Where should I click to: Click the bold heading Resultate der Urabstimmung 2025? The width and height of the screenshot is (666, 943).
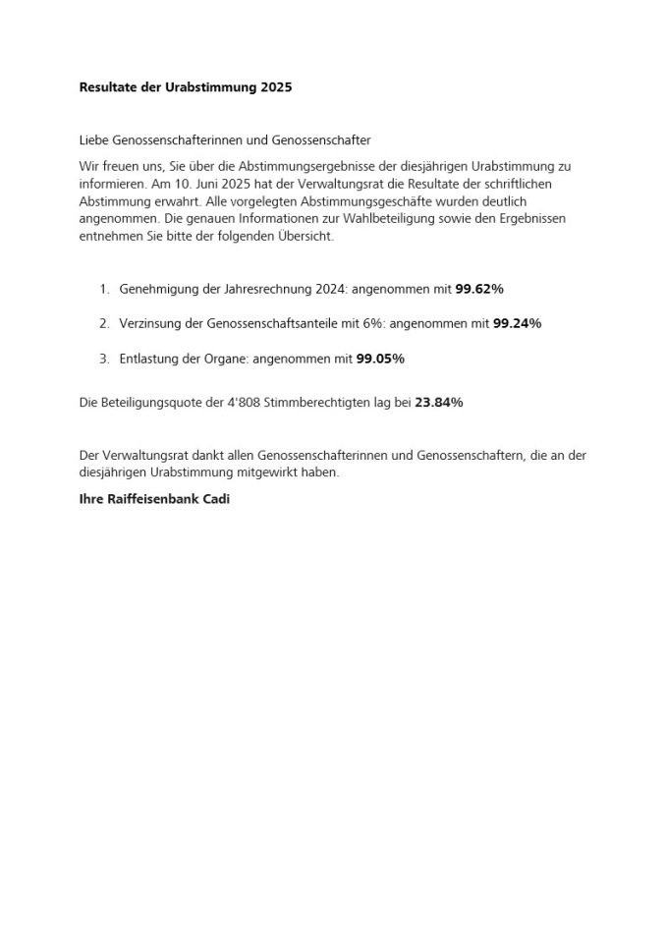pyautogui.click(x=185, y=87)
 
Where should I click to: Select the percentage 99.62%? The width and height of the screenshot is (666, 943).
pyautogui.click(x=479, y=289)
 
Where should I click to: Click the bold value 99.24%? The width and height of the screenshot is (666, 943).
pyautogui.click(x=517, y=323)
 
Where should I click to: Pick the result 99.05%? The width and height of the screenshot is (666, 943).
pyautogui.click(x=380, y=359)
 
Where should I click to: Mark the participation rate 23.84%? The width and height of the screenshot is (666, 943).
pyautogui.click(x=439, y=402)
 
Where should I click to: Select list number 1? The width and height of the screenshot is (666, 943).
pyautogui.click(x=103, y=289)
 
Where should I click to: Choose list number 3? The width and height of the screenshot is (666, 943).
pyautogui.click(x=103, y=359)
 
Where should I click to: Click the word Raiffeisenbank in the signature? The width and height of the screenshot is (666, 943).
pyautogui.click(x=154, y=499)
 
